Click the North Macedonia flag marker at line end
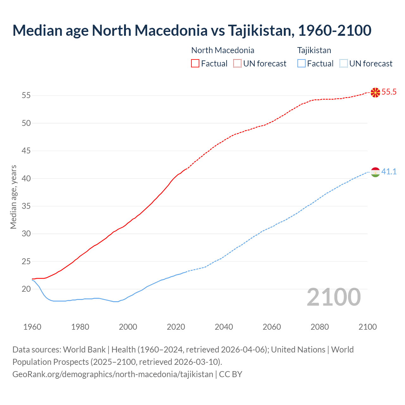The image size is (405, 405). pyautogui.click(x=375, y=92)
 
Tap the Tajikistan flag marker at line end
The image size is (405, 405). pyautogui.click(x=375, y=172)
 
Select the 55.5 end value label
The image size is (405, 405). pyautogui.click(x=389, y=92)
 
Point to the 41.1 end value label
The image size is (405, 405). pyautogui.click(x=389, y=172)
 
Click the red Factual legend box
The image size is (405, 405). pyautogui.click(x=195, y=64)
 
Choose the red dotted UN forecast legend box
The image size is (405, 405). pyautogui.click(x=237, y=64)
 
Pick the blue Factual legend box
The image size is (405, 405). pyautogui.click(x=302, y=64)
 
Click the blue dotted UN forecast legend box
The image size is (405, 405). pyautogui.click(x=343, y=64)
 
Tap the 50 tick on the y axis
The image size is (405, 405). pyautogui.click(x=26, y=123)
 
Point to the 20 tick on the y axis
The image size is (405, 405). pyautogui.click(x=26, y=289)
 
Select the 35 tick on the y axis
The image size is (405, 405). pyautogui.click(x=26, y=206)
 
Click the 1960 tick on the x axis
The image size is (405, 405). pyautogui.click(x=32, y=327)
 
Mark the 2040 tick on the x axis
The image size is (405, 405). pyautogui.click(x=224, y=327)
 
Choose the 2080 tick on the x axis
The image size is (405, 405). pyautogui.click(x=320, y=327)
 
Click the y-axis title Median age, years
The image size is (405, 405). pyautogui.click(x=13, y=197)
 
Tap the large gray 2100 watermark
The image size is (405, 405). pyautogui.click(x=334, y=297)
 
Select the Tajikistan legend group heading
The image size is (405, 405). pyautogui.click(x=314, y=50)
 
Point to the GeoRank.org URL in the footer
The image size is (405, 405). pyautogui.click(x=113, y=374)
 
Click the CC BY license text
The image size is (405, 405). pyautogui.click(x=231, y=374)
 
